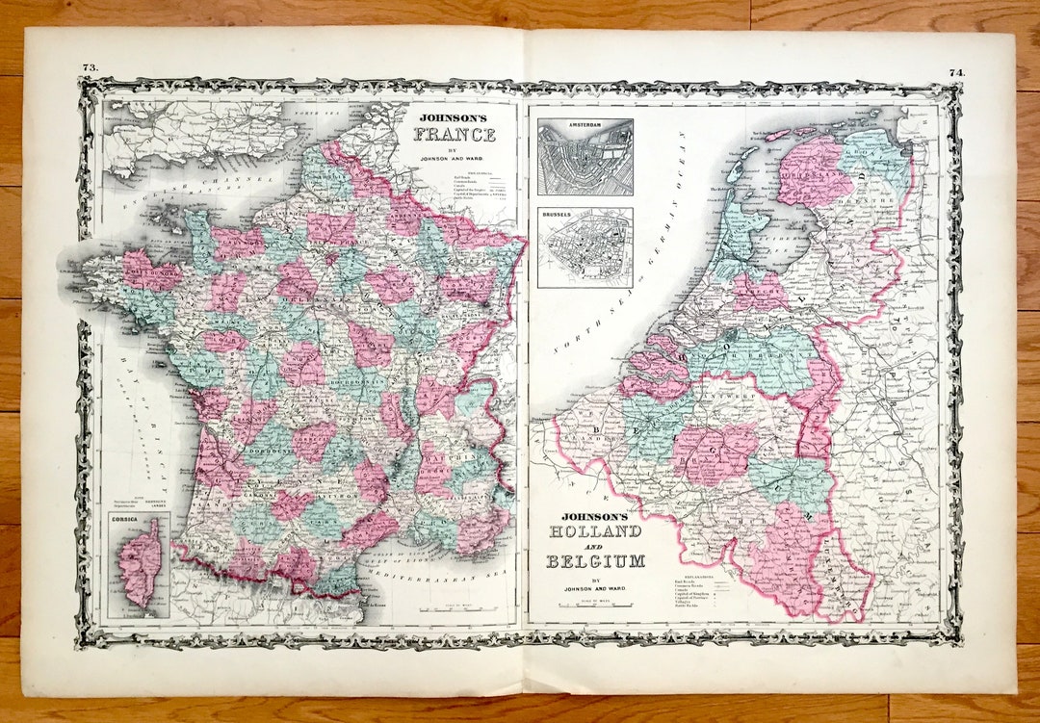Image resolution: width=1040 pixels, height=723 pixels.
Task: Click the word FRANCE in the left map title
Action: (455, 135)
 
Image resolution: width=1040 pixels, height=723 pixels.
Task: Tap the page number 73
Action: (90, 67)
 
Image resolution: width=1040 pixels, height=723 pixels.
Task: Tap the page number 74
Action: (955, 71)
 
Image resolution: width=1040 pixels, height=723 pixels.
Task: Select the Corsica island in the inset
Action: (141, 564)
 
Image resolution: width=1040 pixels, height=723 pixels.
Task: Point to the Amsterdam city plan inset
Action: (585, 157)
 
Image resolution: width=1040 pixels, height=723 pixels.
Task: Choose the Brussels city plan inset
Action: (585, 247)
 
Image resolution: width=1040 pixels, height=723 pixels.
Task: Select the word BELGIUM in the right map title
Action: (595, 561)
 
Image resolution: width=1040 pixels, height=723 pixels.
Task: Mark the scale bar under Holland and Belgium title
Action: (595, 606)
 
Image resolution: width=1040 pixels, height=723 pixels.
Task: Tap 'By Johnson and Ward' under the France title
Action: (455, 157)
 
